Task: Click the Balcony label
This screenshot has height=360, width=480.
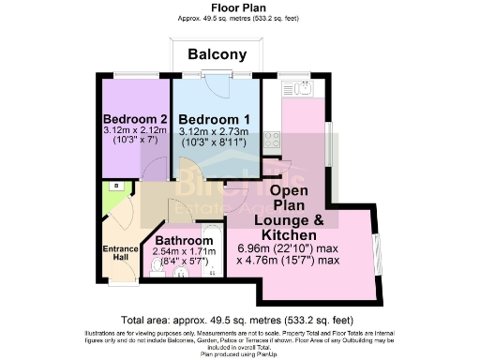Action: tap(217, 54)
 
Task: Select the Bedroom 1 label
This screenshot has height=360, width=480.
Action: tap(214, 119)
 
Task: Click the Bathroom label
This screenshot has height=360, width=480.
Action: tap(183, 240)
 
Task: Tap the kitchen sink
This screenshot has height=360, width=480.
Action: tap(310, 89)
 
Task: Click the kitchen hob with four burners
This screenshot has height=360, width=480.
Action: tap(273, 140)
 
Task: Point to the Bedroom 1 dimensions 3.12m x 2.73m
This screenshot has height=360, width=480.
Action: tap(214, 132)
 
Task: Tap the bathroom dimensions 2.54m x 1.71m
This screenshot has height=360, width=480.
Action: tap(183, 252)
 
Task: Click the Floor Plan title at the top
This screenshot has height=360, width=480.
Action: tap(240, 7)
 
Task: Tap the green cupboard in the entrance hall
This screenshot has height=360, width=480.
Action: tap(113, 196)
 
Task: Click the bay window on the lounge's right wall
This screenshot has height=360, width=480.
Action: tap(377, 253)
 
